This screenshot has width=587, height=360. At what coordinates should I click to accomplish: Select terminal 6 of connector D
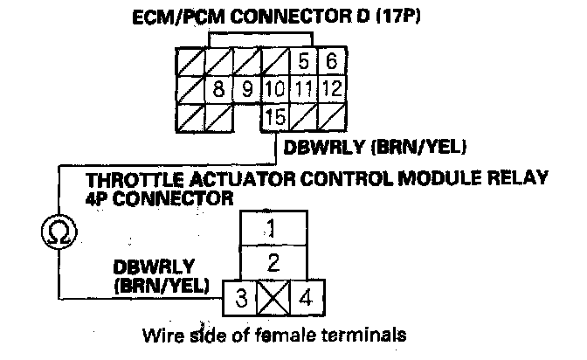pos(330,62)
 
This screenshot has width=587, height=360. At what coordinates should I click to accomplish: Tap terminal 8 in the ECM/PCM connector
pos(220,89)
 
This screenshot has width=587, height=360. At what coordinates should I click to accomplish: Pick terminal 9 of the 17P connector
pos(247,89)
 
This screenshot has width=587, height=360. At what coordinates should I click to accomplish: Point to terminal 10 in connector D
pos(274,89)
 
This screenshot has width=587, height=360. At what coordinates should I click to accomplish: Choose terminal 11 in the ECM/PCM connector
pos(302,89)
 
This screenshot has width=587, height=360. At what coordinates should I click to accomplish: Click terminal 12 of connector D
pos(330,89)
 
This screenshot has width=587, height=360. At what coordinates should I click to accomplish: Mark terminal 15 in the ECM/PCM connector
pos(275,116)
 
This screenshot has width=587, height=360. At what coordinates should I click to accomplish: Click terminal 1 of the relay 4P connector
pos(273,230)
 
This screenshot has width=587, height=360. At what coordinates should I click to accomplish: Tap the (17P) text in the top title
pos(390,17)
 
